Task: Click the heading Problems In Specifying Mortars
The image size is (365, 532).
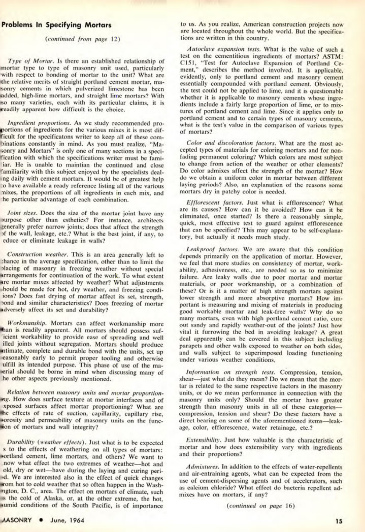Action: point(56,25)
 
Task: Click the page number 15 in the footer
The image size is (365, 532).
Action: point(339,521)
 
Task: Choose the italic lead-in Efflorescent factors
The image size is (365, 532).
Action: point(209,203)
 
